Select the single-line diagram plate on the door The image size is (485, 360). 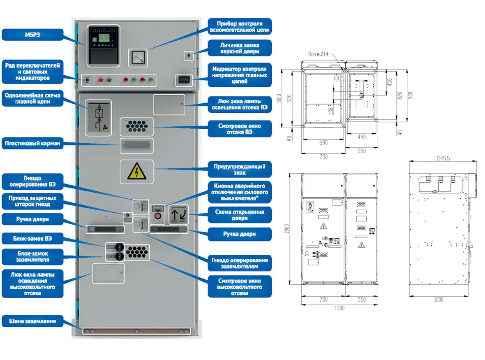point(98,118)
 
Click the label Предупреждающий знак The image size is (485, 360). point(240,170)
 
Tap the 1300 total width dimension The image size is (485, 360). point(339,308)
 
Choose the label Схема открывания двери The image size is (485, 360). point(240,215)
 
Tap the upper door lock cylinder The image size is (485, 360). point(189,55)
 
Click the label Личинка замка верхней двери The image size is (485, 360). point(240,47)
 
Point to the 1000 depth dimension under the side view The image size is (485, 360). point(439,300)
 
